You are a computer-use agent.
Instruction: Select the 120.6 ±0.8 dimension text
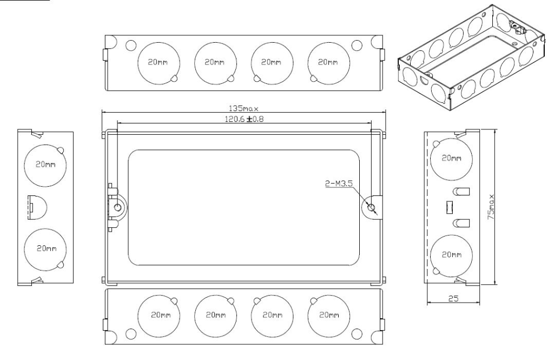(245, 119)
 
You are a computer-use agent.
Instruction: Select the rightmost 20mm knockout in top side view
(327, 62)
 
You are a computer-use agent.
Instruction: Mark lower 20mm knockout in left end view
(45, 248)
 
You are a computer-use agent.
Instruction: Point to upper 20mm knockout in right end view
(451, 158)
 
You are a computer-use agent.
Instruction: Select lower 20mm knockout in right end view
(451, 254)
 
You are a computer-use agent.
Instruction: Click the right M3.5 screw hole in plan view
(371, 207)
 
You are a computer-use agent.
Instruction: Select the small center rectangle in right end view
(448, 207)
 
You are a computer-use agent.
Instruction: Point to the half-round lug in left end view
(37, 207)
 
